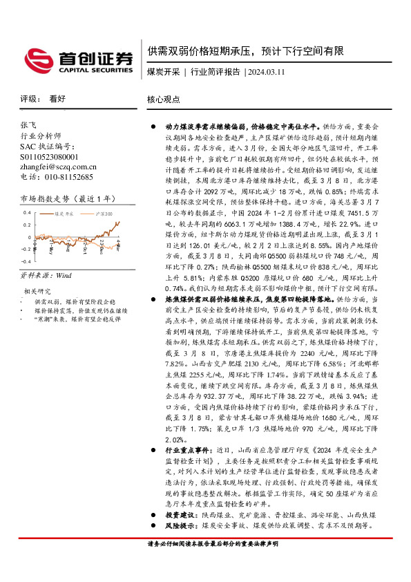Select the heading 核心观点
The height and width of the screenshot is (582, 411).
[x=163, y=99]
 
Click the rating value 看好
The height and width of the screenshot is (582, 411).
[x=57, y=99]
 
